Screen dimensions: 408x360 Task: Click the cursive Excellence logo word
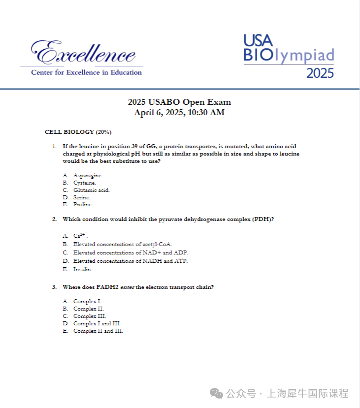coord(83,52)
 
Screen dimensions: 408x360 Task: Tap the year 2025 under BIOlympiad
coord(320,73)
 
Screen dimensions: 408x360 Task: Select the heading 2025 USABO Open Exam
coord(179,102)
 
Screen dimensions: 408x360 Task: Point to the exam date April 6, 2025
coord(179,113)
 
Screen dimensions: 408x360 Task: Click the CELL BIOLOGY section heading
coord(78,132)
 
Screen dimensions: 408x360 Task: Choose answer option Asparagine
coord(88,175)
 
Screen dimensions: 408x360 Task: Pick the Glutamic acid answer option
coord(91,190)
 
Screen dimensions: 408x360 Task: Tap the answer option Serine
coord(82,197)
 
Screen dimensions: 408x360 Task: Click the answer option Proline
coord(83,204)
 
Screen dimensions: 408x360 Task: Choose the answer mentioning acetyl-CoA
coord(122,244)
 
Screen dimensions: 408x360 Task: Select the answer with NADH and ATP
coord(130,261)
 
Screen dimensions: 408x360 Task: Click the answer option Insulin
coord(83,269)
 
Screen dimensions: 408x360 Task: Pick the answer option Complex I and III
coord(97,323)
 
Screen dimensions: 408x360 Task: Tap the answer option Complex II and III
coord(98,331)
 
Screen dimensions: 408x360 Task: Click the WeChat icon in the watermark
coord(216,393)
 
